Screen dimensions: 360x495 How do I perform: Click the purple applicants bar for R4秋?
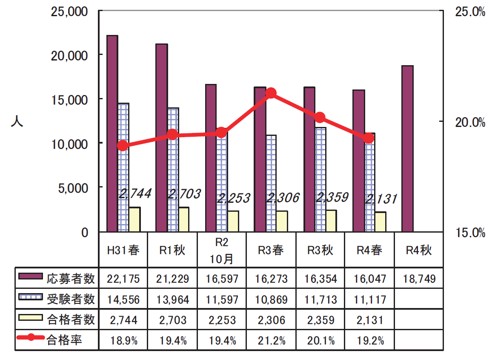[x=407, y=149]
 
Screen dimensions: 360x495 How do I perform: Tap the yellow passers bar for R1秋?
[x=184, y=220]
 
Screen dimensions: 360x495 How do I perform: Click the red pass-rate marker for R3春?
[x=271, y=93]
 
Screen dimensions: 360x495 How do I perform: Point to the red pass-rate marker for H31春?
[x=123, y=146]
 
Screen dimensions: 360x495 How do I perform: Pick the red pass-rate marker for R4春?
[x=369, y=138]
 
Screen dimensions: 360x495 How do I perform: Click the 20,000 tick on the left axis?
[x=70, y=55]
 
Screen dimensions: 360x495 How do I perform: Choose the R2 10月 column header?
[x=222, y=250]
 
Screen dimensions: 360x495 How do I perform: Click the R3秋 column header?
[x=320, y=250]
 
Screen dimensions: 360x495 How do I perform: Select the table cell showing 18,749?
[x=419, y=279]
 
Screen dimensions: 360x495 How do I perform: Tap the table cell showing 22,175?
[x=123, y=279]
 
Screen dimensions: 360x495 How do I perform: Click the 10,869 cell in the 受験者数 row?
[x=271, y=300]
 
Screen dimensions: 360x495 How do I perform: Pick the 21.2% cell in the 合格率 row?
[x=271, y=340]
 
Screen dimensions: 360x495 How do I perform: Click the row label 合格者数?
[x=71, y=320]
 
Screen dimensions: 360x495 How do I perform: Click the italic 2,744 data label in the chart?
[x=135, y=194]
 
